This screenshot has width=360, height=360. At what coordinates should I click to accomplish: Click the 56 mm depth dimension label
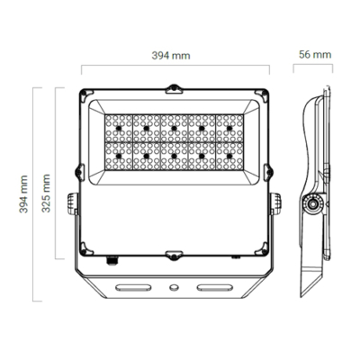314,55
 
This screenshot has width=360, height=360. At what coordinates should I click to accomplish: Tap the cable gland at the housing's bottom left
112,260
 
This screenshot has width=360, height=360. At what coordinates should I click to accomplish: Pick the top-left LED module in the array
119,126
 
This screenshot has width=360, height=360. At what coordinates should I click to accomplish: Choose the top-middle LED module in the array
173,126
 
